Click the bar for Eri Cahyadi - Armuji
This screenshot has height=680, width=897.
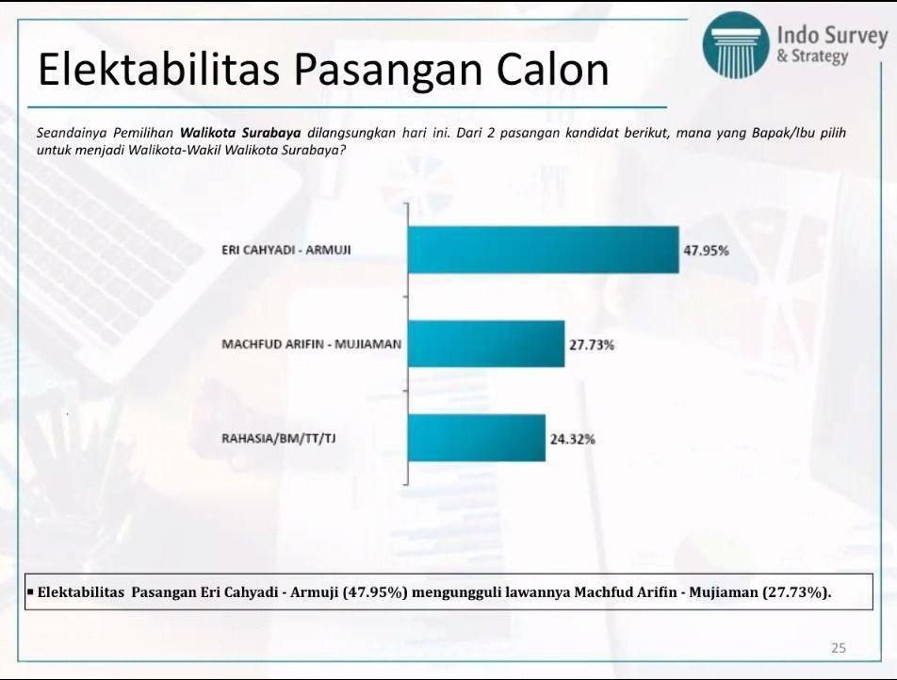544,250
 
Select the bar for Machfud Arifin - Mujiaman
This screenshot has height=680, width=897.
486,344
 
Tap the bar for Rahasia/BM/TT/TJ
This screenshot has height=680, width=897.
477,438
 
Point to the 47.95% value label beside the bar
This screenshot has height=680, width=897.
706,251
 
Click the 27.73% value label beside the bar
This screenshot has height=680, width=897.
592,345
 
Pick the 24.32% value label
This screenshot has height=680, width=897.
573,439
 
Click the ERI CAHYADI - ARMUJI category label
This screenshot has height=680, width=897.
286,250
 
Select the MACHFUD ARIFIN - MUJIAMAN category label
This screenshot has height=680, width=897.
312,345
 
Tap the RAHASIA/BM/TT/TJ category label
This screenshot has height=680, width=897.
279,439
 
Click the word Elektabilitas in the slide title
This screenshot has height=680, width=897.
159,69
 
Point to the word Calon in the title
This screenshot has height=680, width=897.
552,69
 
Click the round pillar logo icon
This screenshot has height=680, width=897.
736,45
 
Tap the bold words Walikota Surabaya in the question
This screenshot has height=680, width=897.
240,133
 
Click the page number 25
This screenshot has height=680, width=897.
839,648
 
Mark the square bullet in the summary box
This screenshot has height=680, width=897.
30,591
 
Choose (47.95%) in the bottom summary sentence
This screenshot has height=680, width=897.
375,591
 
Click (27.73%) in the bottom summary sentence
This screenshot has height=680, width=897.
796,591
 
